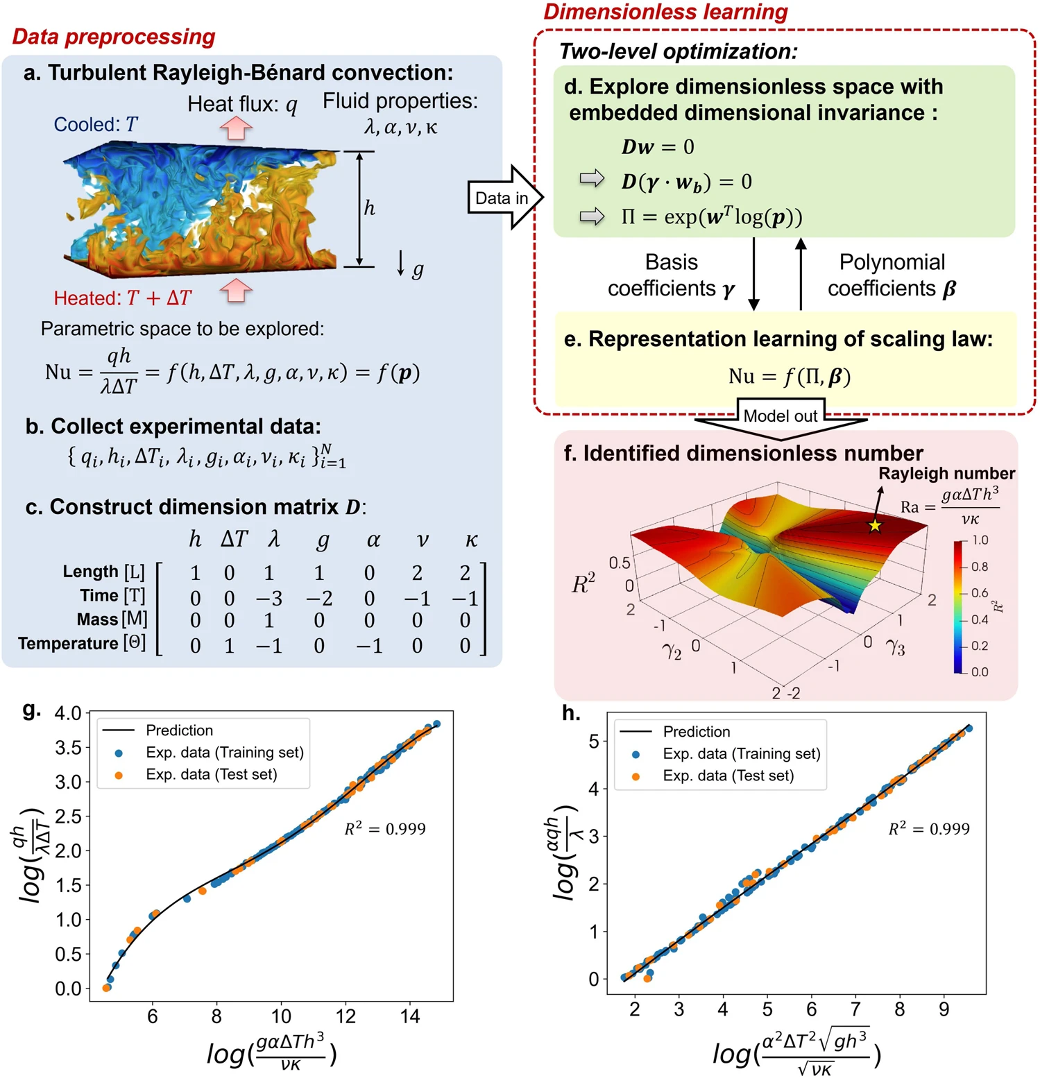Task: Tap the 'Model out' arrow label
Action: point(780,416)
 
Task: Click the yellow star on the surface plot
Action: point(875,526)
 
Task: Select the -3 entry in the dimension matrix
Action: point(268,598)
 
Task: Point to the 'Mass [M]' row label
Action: point(111,619)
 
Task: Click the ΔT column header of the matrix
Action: point(234,540)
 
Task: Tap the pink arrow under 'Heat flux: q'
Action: point(236,128)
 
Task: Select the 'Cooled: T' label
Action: point(96,125)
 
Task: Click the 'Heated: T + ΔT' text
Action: point(123,298)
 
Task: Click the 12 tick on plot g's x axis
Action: point(345,1017)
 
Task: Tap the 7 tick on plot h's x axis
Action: point(855,1009)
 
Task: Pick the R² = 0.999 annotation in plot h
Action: point(929,829)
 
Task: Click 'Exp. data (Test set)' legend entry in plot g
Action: point(211,775)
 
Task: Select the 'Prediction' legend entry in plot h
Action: point(696,732)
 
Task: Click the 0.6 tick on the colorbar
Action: point(979,593)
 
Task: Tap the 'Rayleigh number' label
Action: point(946,474)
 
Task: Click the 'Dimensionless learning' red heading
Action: point(665,12)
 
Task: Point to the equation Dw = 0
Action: point(657,147)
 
